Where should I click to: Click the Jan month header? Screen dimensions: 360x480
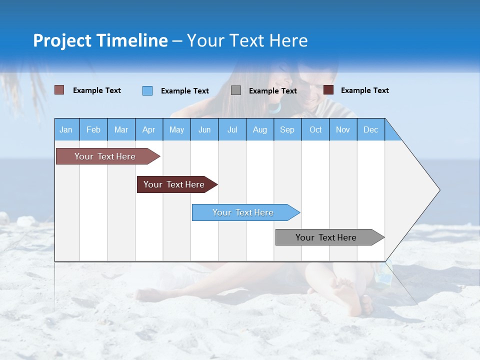pyautogui.click(x=66, y=129)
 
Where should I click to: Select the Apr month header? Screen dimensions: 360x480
pyautogui.click(x=148, y=129)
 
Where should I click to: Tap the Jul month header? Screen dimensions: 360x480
pyautogui.click(x=232, y=129)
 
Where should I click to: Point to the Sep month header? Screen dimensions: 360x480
pyautogui.click(x=287, y=129)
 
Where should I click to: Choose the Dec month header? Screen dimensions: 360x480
pyautogui.click(x=370, y=129)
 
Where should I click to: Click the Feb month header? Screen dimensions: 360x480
pyautogui.click(x=93, y=129)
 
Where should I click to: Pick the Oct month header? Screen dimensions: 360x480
pyautogui.click(x=315, y=129)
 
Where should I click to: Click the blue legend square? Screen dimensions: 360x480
pyautogui.click(x=147, y=90)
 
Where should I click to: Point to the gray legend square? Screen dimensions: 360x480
pyautogui.click(x=236, y=90)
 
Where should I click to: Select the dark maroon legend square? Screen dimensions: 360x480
pyautogui.click(x=328, y=90)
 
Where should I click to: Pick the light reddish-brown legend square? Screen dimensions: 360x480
pyautogui.click(x=59, y=90)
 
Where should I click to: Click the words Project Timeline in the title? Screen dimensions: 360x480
pyautogui.click(x=100, y=40)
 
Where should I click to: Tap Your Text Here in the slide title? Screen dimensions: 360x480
pyautogui.click(x=247, y=40)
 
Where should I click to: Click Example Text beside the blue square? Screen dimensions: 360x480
pyautogui.click(x=184, y=91)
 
